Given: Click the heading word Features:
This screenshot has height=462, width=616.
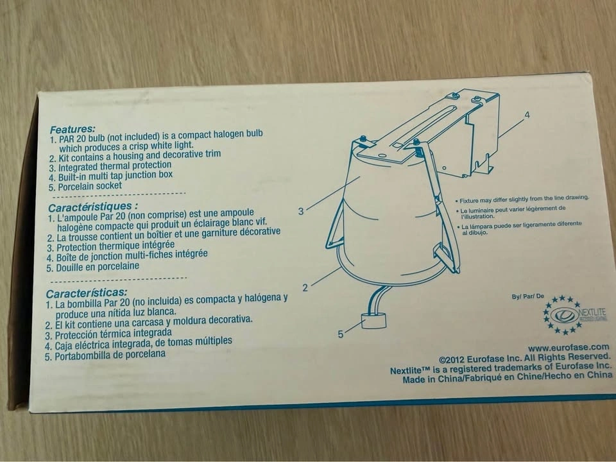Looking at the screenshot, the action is tap(73, 129).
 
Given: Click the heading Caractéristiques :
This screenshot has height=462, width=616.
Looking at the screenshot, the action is tap(93, 207).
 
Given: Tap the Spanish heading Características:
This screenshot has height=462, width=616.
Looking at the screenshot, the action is tap(87, 293).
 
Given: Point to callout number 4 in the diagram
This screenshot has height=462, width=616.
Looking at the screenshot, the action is tap(527, 115).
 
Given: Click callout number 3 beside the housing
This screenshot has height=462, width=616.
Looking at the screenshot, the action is tap(301, 211).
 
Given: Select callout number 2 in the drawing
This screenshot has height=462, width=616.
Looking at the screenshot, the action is tap(305, 288).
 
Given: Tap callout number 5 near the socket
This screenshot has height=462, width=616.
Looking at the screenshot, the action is tap(341, 334).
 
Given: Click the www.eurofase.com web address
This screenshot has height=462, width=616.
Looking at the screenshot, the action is tap(569, 348).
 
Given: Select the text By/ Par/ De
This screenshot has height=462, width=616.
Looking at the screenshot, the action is tap(527, 296).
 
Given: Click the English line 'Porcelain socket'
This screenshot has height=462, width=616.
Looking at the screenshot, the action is tap(85, 186).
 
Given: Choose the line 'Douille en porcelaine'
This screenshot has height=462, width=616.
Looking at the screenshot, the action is tap(92, 267).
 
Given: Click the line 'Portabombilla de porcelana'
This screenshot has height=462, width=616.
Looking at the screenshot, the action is tap(105, 355).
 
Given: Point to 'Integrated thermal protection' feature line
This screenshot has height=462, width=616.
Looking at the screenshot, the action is tap(110, 166).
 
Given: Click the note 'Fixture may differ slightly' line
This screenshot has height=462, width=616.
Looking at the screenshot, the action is tap(522, 199).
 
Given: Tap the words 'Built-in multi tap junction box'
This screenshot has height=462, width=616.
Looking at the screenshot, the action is tap(111, 176).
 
